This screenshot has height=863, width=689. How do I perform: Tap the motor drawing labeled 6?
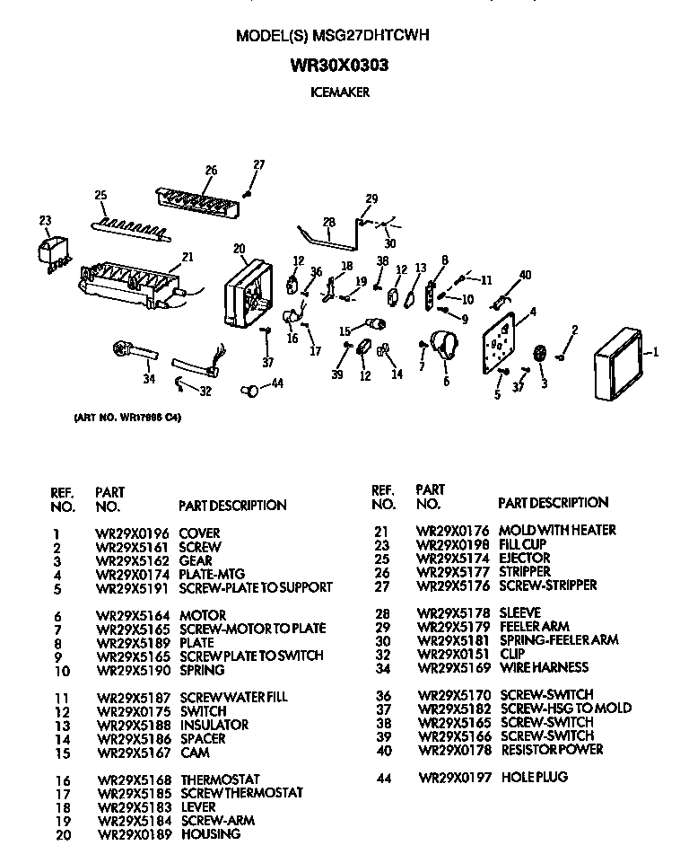click(x=443, y=345)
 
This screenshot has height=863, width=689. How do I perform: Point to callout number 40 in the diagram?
click(x=526, y=275)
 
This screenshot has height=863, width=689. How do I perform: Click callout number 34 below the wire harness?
click(x=149, y=379)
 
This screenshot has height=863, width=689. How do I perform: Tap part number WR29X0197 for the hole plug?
click(x=455, y=777)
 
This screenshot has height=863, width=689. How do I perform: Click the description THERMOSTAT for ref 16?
click(x=220, y=779)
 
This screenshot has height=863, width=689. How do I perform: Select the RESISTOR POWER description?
click(x=551, y=749)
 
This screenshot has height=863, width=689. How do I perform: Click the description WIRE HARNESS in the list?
click(x=544, y=667)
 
